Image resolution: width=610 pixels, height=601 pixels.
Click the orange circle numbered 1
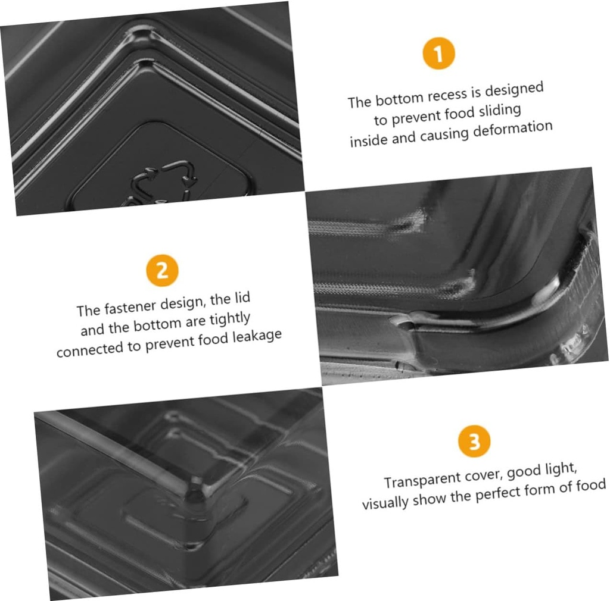438,53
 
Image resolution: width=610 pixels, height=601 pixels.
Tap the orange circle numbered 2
162,270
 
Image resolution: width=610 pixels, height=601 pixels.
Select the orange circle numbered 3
474,441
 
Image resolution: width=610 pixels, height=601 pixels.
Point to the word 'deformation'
513,129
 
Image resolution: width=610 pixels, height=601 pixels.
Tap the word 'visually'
385,503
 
